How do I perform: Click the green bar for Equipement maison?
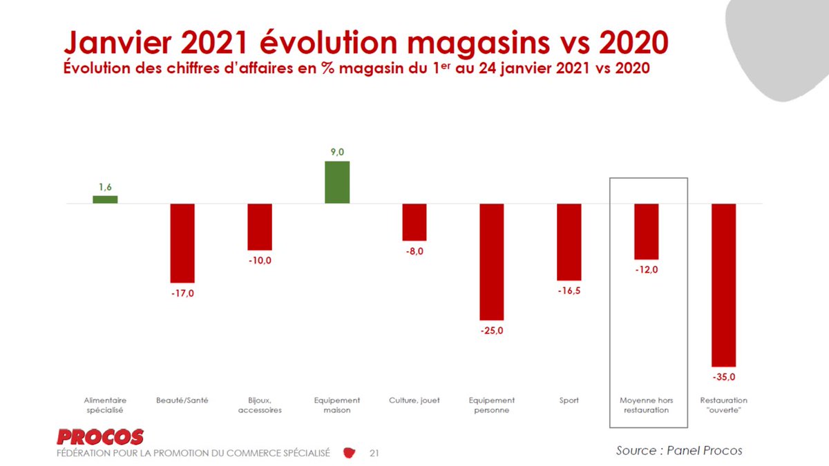coord(337,182)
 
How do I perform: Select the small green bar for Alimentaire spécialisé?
coord(105,200)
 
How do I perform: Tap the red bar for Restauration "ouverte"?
coord(723,284)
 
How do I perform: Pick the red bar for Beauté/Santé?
coord(182,243)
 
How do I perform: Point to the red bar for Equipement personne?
coord(492,262)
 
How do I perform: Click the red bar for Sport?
coord(569,242)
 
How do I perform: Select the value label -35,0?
coord(723,376)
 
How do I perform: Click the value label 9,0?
coord(337,152)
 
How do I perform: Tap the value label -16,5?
coord(569,291)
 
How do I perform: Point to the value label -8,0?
coord(414,251)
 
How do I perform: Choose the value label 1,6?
coord(105,186)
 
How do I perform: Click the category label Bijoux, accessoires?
coord(260,405)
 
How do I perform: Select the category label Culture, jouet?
coord(414,400)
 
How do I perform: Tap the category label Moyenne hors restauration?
coord(647,405)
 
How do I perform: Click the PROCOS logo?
coord(101,437)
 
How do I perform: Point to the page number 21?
coord(374,454)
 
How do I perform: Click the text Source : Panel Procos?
coord(679,450)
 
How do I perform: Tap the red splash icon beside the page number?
coord(350,453)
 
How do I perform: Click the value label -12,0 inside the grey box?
coord(647,270)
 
